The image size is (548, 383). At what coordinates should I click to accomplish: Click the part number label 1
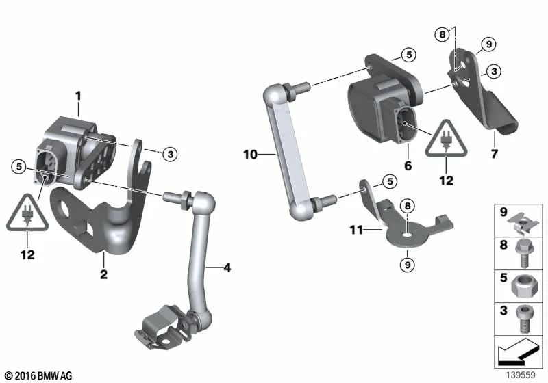(x=78, y=96)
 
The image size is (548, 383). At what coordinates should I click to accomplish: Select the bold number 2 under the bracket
(x=103, y=274)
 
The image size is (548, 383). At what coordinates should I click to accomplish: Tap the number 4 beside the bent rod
(x=227, y=267)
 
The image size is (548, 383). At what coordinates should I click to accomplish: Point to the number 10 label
(x=250, y=154)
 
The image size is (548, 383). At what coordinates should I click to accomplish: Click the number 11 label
(x=356, y=230)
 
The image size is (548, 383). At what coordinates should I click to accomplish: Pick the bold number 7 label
(x=494, y=153)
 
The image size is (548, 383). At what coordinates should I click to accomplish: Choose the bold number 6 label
(x=408, y=166)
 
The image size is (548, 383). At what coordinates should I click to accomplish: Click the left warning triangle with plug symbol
(x=27, y=213)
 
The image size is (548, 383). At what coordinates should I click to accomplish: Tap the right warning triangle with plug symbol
(x=446, y=138)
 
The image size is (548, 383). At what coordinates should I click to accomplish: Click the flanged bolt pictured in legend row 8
(x=523, y=253)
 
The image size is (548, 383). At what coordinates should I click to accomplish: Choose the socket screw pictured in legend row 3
(x=524, y=319)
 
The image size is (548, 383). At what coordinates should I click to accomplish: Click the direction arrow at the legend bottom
(x=517, y=352)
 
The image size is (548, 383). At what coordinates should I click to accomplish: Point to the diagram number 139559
(x=521, y=375)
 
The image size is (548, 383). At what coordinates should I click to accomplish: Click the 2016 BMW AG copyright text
(x=38, y=375)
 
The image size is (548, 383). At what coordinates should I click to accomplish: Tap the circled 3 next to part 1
(x=170, y=154)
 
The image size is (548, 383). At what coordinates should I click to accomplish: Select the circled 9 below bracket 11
(x=408, y=265)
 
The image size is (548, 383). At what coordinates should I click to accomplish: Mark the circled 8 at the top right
(x=442, y=34)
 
